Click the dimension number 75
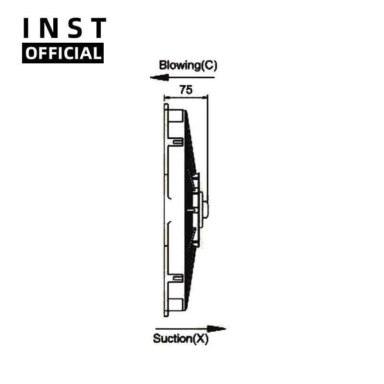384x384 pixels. pyautogui.click(x=185, y=89)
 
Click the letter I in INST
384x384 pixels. pyautogui.click(x=27, y=28)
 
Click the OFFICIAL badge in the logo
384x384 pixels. pyautogui.click(x=63, y=53)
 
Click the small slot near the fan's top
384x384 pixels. pyautogui.click(x=178, y=141)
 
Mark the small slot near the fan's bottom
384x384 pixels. pyautogui.click(x=178, y=278)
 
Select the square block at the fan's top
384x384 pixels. pyautogui.click(x=176, y=117)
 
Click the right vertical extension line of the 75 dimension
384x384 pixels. pyautogui.click(x=207, y=144)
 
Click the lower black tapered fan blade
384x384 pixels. pyautogui.click(x=191, y=269)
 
